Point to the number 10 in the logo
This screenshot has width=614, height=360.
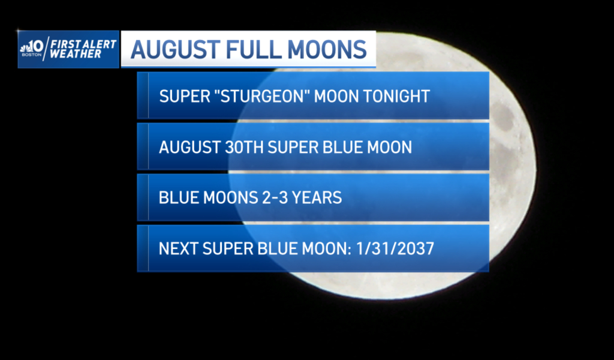[38, 47]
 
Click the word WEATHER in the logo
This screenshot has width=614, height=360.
[76, 55]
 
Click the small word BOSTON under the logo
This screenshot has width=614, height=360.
[31, 55]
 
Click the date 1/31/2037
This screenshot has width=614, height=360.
[395, 249]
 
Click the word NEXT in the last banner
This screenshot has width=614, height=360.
[178, 249]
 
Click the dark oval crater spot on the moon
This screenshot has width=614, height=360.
[503, 116]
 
